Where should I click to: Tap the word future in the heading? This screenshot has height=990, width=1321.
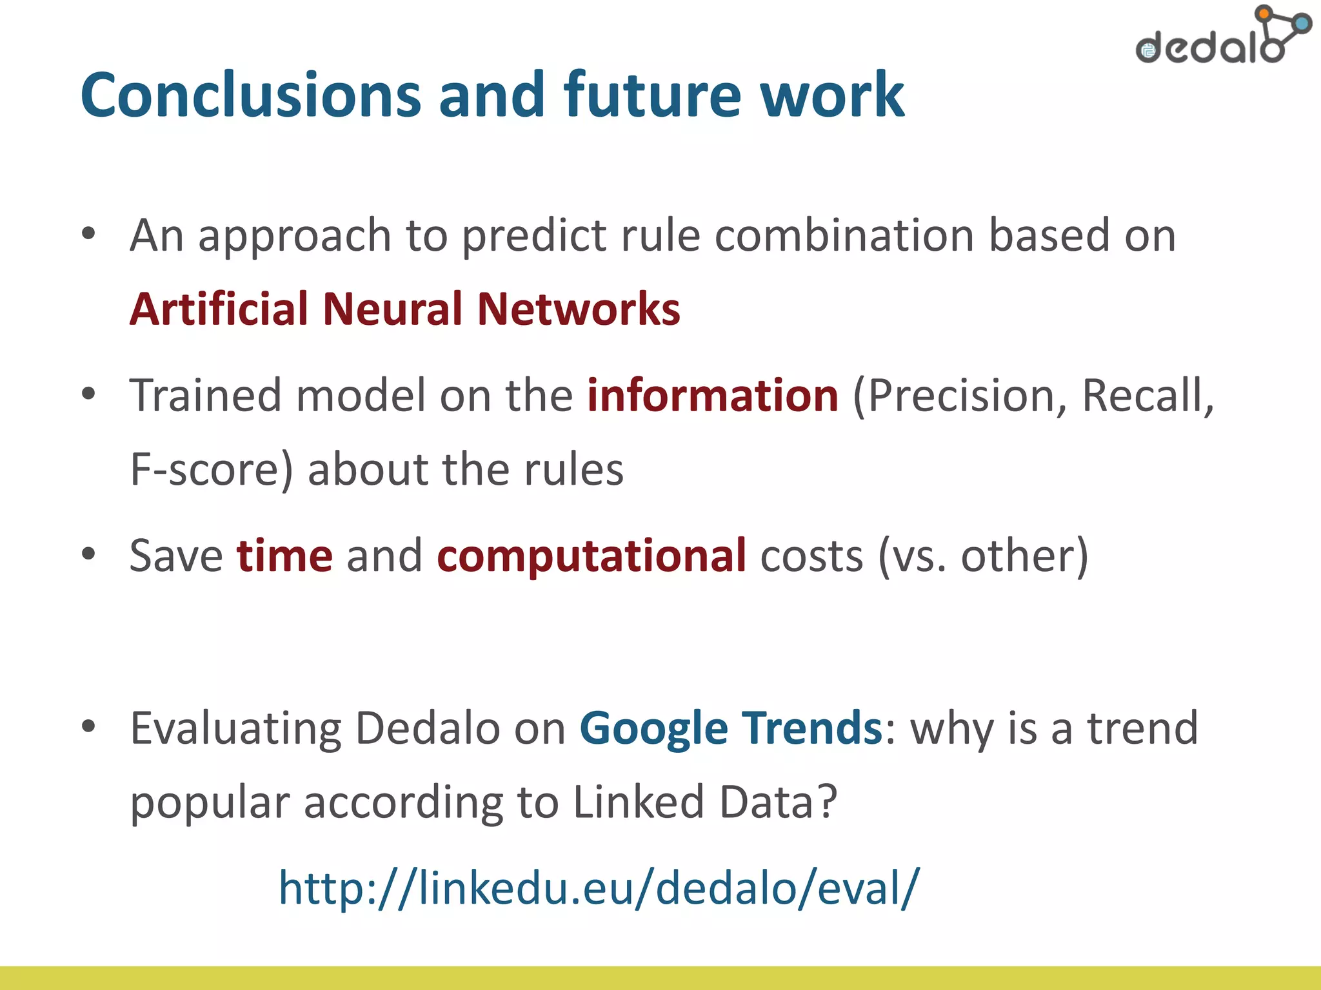[x=652, y=95]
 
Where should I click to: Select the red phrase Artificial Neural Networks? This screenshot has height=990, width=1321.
[x=404, y=309]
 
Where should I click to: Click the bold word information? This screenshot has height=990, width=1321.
[x=712, y=395]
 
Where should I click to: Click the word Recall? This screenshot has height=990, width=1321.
[x=1145, y=395]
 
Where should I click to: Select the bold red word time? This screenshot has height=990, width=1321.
[x=284, y=556]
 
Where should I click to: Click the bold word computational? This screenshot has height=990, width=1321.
[x=591, y=556]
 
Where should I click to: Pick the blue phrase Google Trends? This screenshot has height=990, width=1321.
[x=730, y=728]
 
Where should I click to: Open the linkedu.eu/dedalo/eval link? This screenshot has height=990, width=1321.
[x=599, y=888]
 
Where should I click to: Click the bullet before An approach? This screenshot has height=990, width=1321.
[x=89, y=233]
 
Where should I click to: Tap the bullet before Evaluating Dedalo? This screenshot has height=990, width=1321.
[x=89, y=726]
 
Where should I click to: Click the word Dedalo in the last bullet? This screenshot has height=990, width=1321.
[x=427, y=728]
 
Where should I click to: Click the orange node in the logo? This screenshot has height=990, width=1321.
[x=1264, y=13]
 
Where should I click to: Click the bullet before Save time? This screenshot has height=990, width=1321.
[x=89, y=554]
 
